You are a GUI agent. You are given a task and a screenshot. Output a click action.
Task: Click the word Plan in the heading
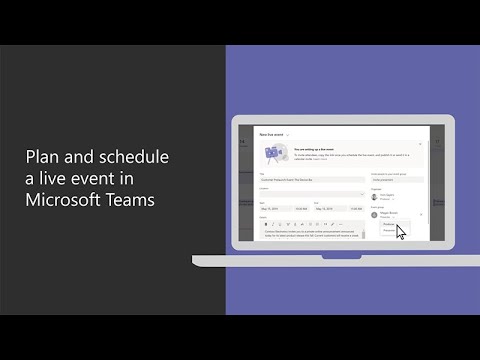point(43,157)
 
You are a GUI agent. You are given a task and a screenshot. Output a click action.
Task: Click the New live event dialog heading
point(273,133)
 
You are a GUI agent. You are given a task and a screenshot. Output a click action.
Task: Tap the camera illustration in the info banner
point(271,153)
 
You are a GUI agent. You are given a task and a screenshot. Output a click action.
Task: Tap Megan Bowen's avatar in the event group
point(374,213)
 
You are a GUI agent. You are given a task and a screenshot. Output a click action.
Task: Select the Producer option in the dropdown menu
point(391,225)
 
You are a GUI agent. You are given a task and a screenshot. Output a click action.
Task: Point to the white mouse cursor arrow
point(401,232)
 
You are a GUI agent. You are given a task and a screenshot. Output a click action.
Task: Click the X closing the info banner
point(421,145)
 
